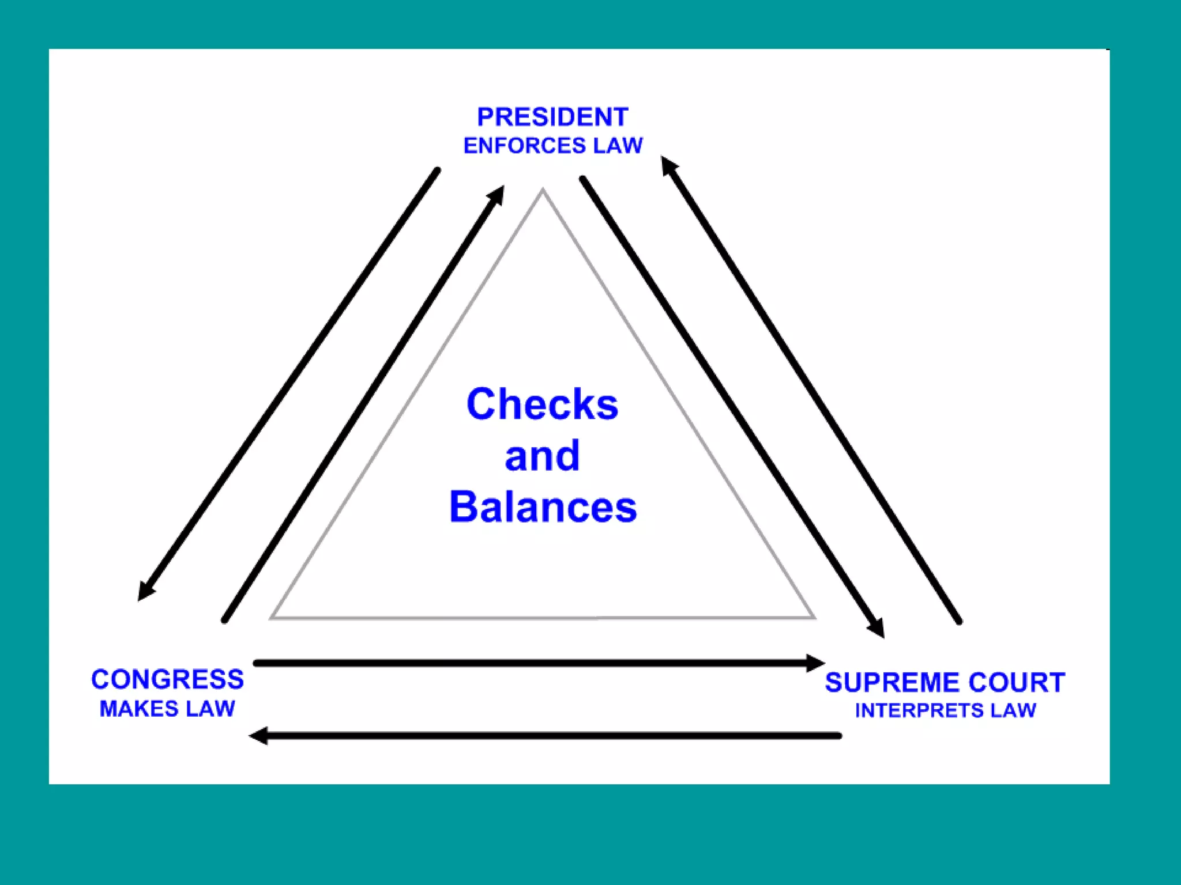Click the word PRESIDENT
552,117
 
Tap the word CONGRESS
167,679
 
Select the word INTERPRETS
919,711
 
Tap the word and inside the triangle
542,456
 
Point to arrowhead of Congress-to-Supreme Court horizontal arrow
816,663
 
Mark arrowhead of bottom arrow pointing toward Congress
258,736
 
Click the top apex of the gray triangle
542,190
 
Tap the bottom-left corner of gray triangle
272,618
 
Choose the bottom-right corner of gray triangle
814,618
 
